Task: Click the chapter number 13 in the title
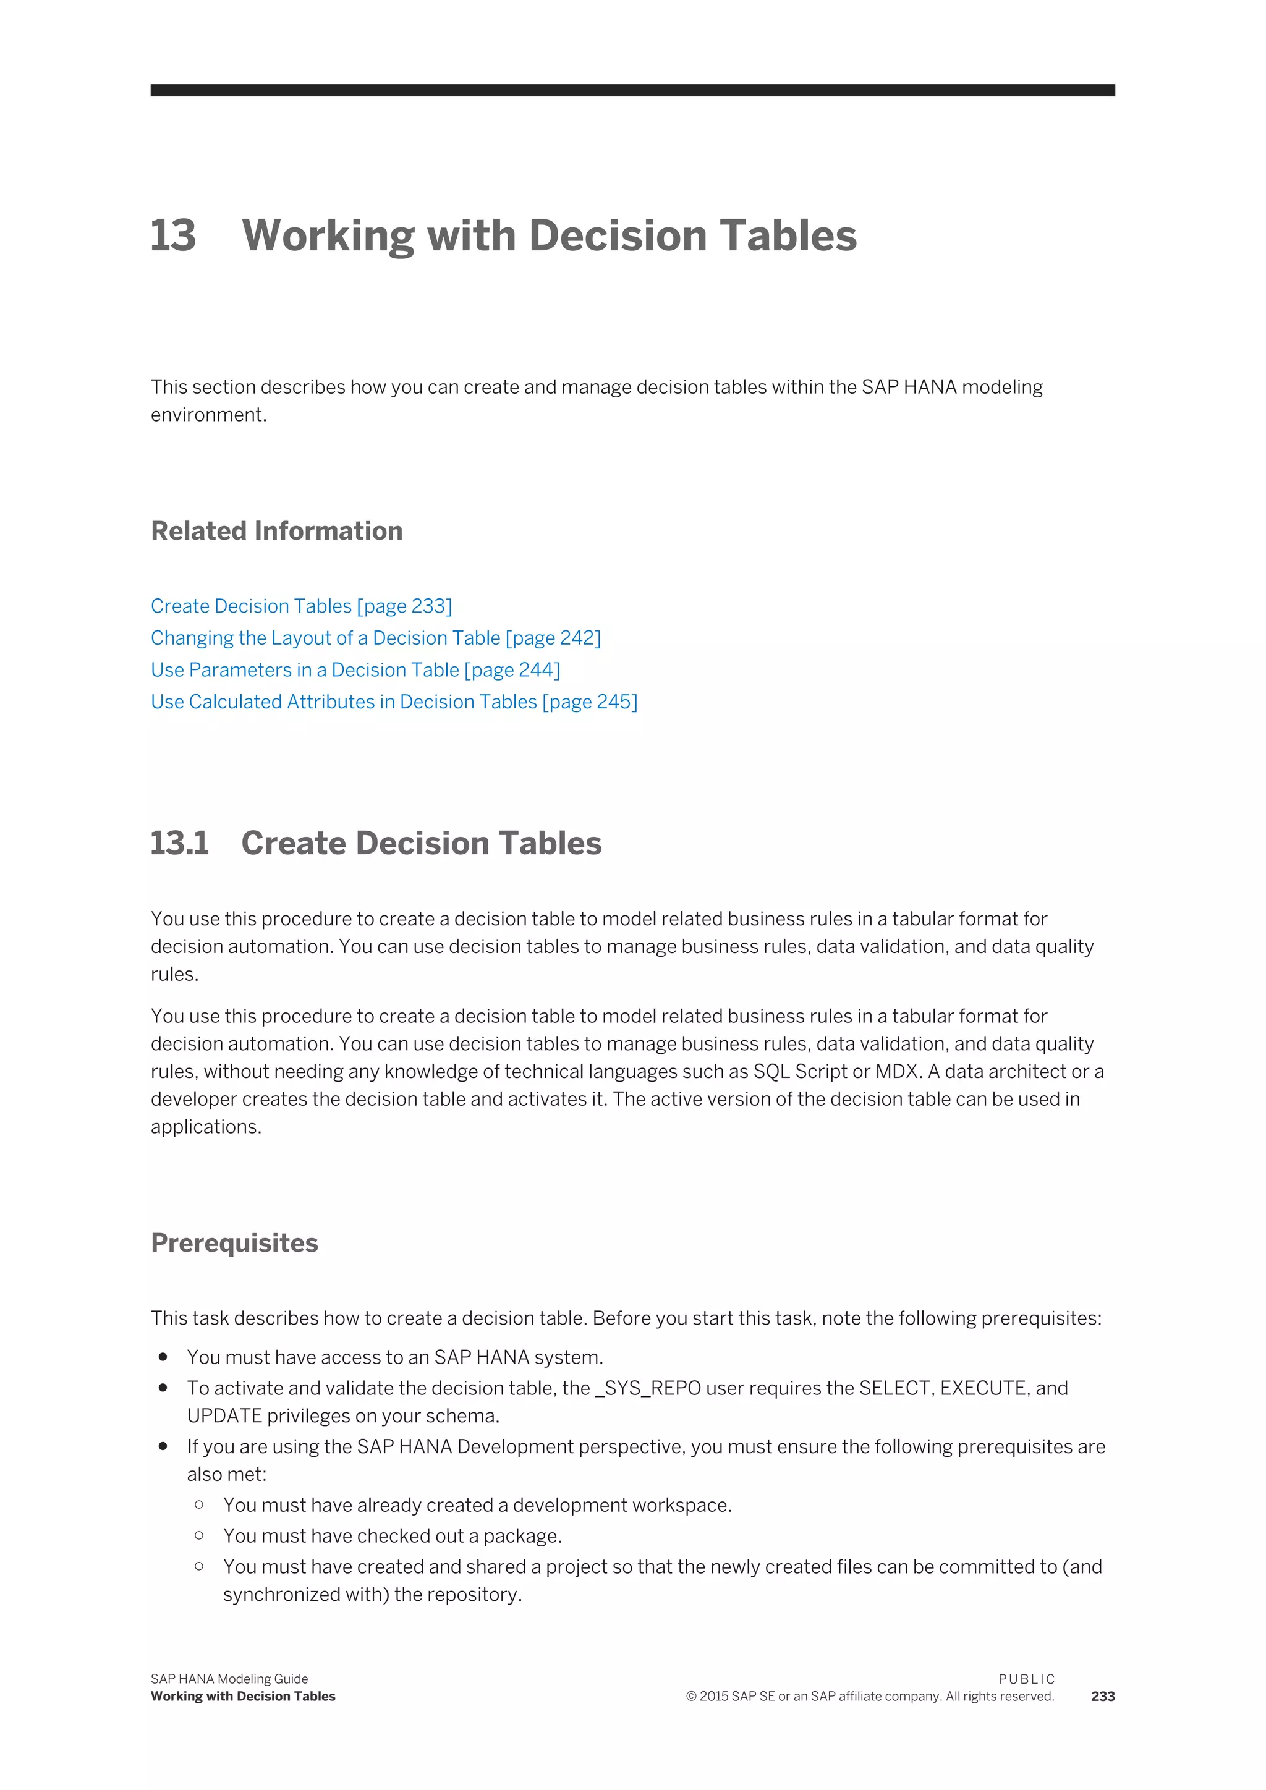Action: (173, 235)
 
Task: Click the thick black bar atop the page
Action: (632, 90)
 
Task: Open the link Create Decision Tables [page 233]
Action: (301, 606)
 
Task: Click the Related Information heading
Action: (277, 531)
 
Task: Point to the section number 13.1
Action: (179, 844)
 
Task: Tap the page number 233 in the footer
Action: (1102, 1697)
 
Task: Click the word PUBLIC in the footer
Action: (1026, 1679)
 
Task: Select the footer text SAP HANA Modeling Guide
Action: (229, 1679)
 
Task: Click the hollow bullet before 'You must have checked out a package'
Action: (200, 1535)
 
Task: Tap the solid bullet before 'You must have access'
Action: (163, 1357)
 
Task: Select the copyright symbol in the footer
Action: (690, 1697)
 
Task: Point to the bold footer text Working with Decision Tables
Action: (242, 1697)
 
